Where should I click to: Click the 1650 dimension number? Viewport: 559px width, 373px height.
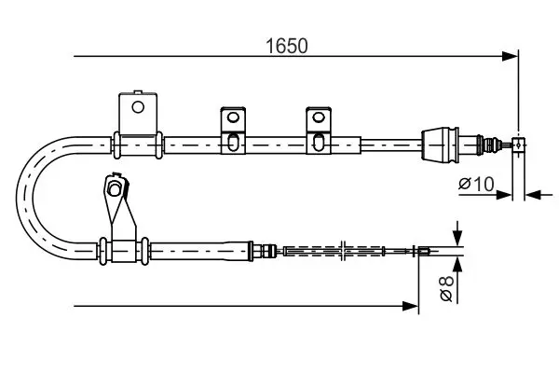[x=287, y=46]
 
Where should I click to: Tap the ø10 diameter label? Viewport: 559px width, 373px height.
[x=476, y=185]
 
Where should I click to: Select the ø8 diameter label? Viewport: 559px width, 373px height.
[x=446, y=288]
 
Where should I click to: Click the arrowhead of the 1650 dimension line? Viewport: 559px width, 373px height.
[x=510, y=56]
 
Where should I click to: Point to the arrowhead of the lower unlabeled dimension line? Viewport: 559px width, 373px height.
[x=410, y=306]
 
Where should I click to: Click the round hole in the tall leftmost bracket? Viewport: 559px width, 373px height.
[x=138, y=106]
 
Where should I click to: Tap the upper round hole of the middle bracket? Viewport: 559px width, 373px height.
[x=233, y=117]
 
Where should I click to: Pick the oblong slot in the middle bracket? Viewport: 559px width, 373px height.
[x=233, y=142]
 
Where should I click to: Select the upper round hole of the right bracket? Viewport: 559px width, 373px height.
[x=319, y=117]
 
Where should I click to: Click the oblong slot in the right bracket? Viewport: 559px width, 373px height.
[x=319, y=142]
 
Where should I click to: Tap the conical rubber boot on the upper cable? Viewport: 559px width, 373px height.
[x=440, y=144]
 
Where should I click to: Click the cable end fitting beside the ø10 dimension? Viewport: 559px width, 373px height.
[x=518, y=145]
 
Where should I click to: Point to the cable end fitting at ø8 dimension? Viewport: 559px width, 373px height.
[x=423, y=251]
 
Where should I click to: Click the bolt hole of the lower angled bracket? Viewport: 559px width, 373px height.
[x=115, y=188]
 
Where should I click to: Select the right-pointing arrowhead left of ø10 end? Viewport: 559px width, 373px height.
[x=504, y=195]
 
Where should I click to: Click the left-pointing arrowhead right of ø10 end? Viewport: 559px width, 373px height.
[x=533, y=195]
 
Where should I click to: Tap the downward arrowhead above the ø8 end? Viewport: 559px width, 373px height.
[x=457, y=238]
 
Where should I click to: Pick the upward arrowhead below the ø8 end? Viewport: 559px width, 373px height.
[x=457, y=265]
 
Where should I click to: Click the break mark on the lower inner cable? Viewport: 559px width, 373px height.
[x=343, y=251]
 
